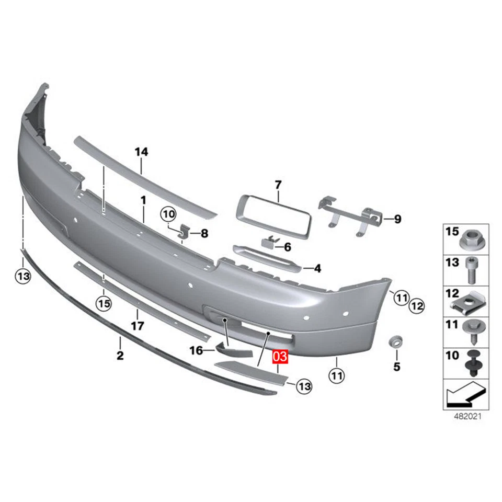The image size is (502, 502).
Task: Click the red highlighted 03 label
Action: tap(279, 358)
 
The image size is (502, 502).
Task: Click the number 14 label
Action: tap(141, 152)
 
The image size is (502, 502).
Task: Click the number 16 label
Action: tap(196, 350)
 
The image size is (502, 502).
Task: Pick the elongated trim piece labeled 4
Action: tap(267, 258)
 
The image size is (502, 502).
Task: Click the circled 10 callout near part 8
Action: tap(168, 214)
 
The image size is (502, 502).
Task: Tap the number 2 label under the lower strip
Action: tap(120, 356)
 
